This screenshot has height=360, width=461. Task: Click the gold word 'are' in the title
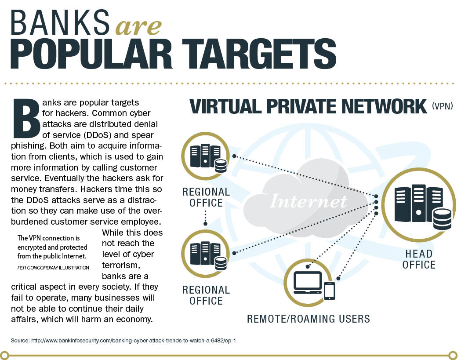138,27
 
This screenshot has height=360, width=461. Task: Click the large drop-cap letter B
26,119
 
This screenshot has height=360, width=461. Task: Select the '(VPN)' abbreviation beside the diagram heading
442,106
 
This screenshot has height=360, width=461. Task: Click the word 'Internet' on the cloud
308,201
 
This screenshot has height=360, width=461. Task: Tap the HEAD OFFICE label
419,259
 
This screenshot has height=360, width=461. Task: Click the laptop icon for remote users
308,282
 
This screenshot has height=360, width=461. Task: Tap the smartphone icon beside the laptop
329,291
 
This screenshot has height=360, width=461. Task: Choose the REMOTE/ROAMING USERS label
308,319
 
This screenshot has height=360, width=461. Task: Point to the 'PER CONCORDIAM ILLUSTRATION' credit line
53,268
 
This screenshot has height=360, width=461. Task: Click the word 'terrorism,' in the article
121,265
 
